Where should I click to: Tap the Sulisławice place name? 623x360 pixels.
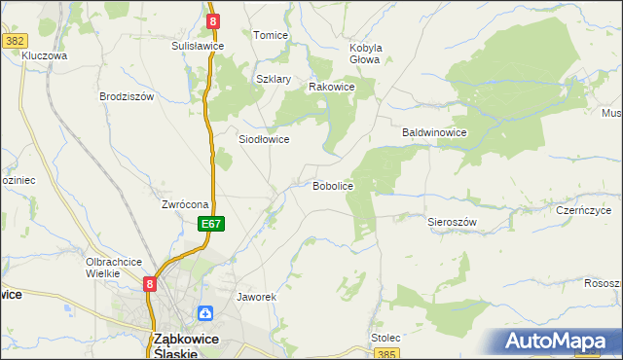pyautogui.click(x=198, y=46)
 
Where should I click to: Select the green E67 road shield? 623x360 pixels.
pyautogui.click(x=213, y=224)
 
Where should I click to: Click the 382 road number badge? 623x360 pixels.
pyautogui.click(x=14, y=40)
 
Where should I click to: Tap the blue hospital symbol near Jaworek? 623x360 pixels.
pyautogui.click(x=205, y=313)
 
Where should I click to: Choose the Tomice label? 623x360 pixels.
pyautogui.click(x=271, y=35)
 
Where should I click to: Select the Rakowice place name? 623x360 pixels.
pyautogui.click(x=331, y=87)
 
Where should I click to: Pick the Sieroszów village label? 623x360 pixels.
pyautogui.click(x=452, y=222)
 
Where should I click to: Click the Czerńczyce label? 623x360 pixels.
pyautogui.click(x=583, y=209)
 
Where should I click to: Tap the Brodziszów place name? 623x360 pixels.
pyautogui.click(x=127, y=96)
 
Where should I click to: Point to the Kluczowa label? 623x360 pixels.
pyautogui.click(x=44, y=56)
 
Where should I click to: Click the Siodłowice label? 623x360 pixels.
pyautogui.click(x=264, y=139)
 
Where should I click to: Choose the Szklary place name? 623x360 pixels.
pyautogui.click(x=274, y=79)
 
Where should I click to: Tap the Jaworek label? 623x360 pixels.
pyautogui.click(x=257, y=296)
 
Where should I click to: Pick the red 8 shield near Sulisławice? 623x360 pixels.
pyautogui.click(x=212, y=20)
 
